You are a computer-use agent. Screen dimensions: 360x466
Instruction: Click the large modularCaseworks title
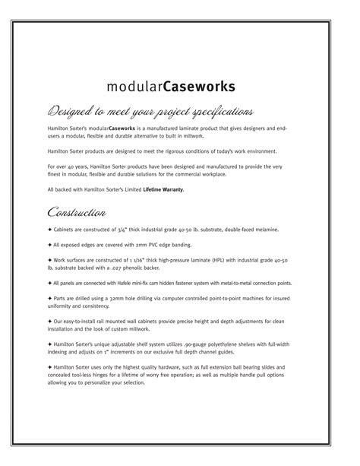pyautogui.click(x=181, y=84)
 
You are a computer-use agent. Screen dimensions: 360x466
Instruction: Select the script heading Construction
pyautogui.click(x=76, y=210)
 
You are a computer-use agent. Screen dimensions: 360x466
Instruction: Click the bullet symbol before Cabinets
pyautogui.click(x=49, y=229)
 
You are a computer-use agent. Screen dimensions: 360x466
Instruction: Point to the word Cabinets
pyautogui.click(x=66, y=229)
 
